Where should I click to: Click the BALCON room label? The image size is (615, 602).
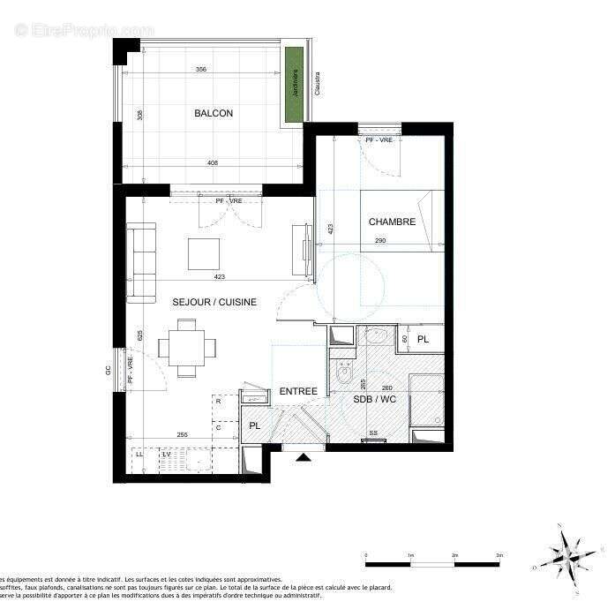click(x=214, y=113)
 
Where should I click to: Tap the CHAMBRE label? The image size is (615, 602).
click(x=392, y=222)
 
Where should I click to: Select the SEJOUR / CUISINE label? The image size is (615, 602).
click(x=214, y=302)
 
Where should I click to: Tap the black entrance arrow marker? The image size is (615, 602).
click(x=303, y=457)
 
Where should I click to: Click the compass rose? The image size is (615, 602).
click(x=564, y=554)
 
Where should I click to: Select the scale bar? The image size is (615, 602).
click(x=432, y=562)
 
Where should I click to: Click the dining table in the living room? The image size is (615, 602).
click(x=187, y=347)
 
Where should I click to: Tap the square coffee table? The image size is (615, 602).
click(x=204, y=254)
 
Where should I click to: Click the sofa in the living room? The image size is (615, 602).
click(x=140, y=262)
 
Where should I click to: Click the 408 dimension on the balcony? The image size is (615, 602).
click(x=213, y=162)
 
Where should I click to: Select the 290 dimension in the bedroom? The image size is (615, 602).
click(x=380, y=241)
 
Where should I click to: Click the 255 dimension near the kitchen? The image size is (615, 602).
click(x=183, y=434)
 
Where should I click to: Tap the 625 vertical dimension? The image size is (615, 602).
click(x=140, y=335)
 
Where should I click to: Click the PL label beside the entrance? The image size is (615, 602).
click(x=255, y=426)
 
